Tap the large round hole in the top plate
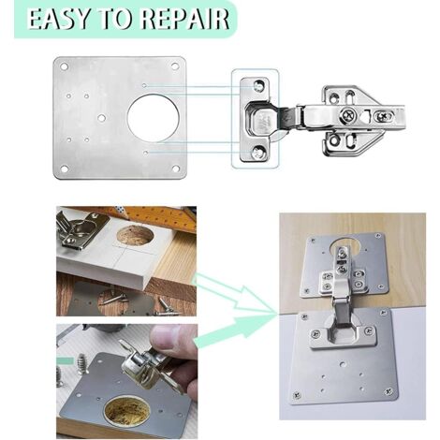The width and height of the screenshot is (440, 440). [154, 117]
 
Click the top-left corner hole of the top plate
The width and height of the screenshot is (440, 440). [65, 66]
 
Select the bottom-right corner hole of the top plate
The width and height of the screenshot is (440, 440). [176, 169]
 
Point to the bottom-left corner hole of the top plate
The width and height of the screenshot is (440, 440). [65, 169]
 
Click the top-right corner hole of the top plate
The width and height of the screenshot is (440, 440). [175, 66]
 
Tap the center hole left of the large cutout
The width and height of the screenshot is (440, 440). [101, 118]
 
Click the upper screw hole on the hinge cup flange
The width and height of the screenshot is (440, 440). [258, 85]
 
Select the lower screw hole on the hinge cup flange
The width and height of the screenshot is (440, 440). [257, 153]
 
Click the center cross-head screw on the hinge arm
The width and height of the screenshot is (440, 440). [348, 115]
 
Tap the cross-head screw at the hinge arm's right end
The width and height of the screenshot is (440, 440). [384, 116]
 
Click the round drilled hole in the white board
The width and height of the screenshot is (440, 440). [135, 234]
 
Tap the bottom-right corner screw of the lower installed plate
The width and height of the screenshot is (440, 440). [389, 390]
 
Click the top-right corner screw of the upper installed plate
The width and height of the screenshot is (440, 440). [379, 236]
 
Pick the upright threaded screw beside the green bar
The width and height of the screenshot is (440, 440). [82, 363]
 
